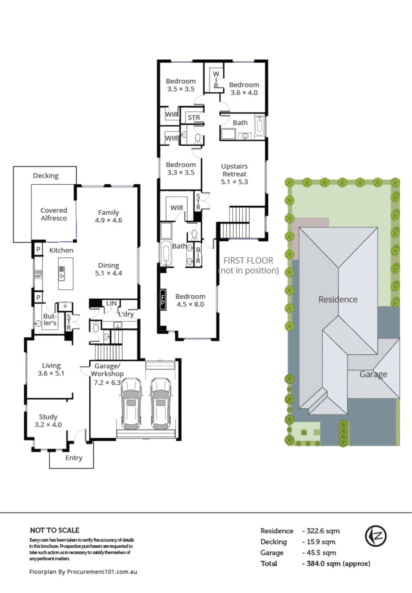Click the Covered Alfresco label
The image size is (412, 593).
54,214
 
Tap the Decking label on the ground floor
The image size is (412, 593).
46,176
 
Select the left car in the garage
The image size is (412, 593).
131,403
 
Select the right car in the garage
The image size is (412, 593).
161,403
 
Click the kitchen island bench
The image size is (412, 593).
66,274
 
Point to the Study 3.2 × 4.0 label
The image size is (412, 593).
48,421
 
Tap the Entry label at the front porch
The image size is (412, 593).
74,458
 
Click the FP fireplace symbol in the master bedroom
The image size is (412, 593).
163,299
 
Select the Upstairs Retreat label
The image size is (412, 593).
234,174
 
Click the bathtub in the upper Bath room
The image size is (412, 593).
260,126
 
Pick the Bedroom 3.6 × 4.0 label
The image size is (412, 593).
244,89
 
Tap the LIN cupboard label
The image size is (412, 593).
111,303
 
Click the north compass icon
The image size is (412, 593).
376,536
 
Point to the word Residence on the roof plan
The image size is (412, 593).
338,299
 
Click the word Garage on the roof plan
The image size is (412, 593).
373,374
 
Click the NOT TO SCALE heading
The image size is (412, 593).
55,530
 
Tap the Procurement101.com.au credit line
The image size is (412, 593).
83,572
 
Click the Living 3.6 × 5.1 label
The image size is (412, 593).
51,370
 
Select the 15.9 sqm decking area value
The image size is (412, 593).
321,542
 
